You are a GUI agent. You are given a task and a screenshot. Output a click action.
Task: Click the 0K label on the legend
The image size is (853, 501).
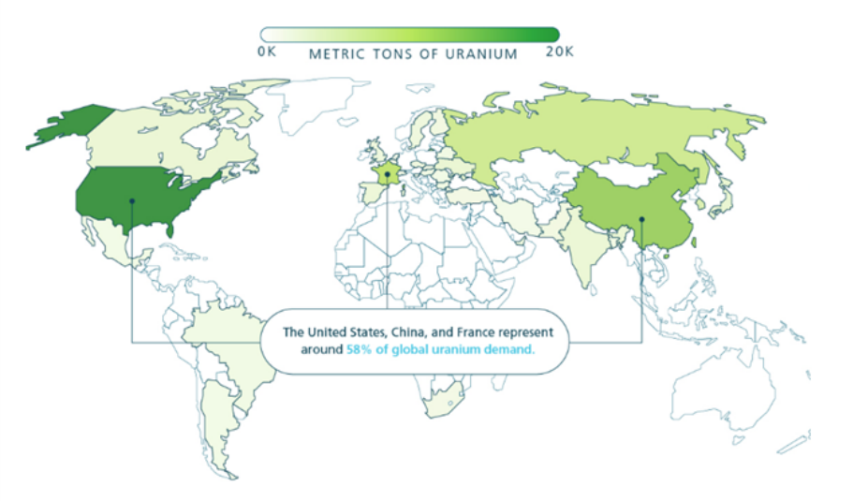pos(267,53)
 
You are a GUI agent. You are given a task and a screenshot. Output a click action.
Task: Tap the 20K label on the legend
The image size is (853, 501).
pos(560,53)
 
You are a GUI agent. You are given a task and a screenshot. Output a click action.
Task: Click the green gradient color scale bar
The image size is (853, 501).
pos(409,35)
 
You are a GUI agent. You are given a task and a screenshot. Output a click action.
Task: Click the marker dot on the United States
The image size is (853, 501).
pos(132,199)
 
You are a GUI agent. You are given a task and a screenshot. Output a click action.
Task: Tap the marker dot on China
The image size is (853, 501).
pos(641,219)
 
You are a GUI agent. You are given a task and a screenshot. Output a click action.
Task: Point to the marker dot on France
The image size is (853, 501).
pos(387,174)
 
